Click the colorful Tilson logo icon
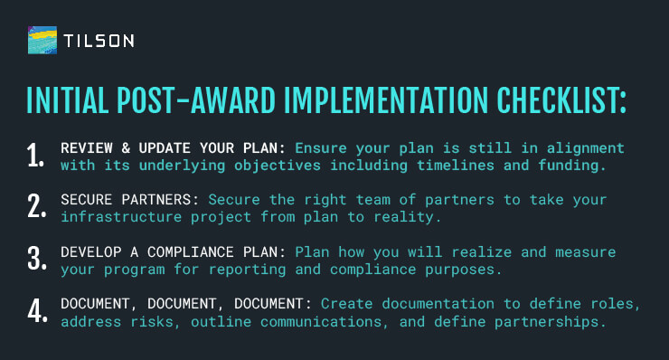coord(43,41)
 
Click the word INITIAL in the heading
coord(68,100)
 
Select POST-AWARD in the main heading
coord(186,100)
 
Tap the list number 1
coord(35,155)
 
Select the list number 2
coord(36,206)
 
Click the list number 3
coord(36,259)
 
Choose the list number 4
coord(36,310)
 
